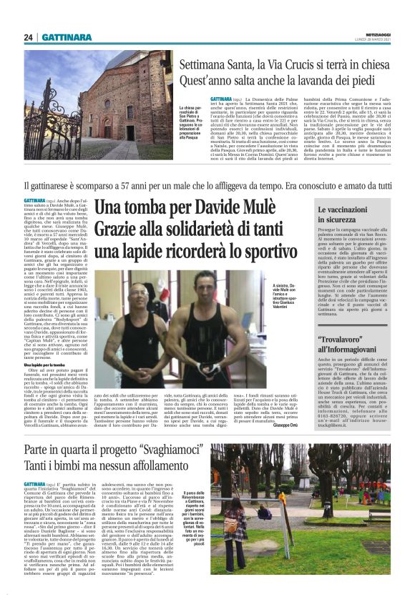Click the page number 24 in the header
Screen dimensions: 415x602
point(28,37)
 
